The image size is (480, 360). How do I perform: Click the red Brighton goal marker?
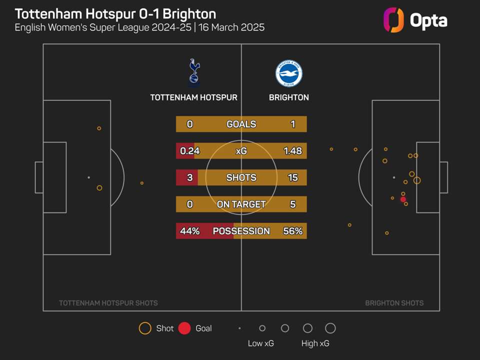(x=403, y=199)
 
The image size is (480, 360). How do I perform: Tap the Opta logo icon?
(x=393, y=20)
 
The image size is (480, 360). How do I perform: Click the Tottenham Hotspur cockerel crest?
(x=194, y=72)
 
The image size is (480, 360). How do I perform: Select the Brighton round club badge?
(x=288, y=73)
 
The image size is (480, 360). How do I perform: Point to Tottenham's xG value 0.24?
(x=187, y=150)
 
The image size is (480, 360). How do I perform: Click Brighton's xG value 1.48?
(x=292, y=150)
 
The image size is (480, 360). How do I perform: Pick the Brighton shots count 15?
(x=292, y=177)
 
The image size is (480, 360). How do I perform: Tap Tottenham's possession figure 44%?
(x=189, y=231)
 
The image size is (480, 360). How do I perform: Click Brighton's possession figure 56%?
(x=292, y=231)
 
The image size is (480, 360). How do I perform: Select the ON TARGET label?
(x=241, y=204)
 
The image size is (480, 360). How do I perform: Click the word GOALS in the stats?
(x=241, y=124)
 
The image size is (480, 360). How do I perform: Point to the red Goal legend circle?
(x=184, y=328)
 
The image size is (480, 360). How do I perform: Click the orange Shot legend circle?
(x=145, y=328)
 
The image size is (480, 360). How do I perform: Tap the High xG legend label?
(x=315, y=343)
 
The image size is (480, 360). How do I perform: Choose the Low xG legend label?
(x=261, y=343)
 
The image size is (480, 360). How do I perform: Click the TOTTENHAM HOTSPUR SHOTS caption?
(x=108, y=303)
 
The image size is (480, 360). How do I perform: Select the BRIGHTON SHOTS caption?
(x=394, y=303)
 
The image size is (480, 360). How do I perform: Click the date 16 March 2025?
(x=232, y=27)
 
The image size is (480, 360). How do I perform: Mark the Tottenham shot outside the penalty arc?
(x=142, y=183)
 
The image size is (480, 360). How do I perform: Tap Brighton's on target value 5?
(x=292, y=204)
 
